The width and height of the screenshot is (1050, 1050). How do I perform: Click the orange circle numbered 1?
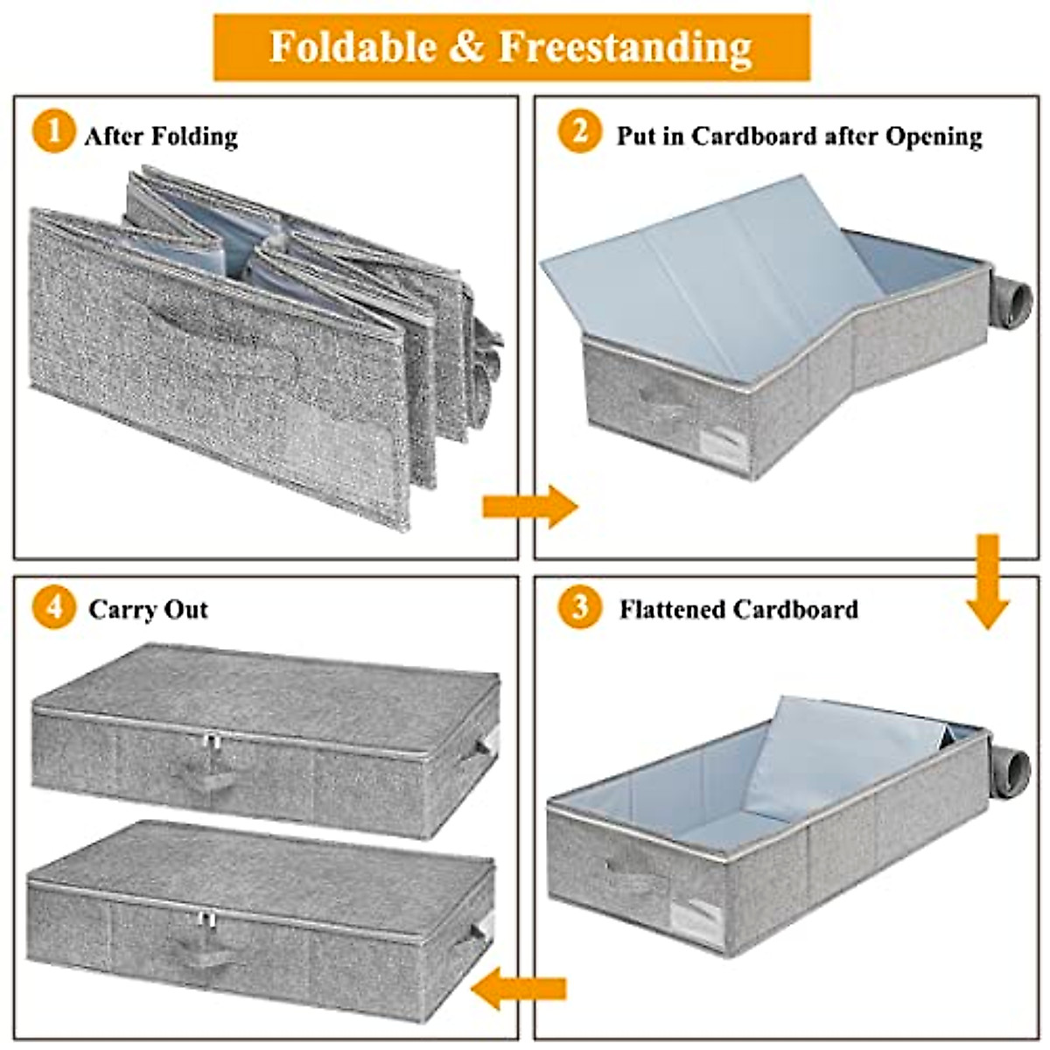click(53, 134)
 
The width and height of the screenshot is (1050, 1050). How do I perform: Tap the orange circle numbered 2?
click(579, 133)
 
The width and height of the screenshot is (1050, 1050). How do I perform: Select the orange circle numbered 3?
click(579, 606)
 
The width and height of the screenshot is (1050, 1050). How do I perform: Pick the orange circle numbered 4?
click(53, 606)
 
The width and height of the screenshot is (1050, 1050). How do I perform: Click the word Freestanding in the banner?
click(625, 46)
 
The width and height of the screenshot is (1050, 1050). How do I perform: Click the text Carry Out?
click(148, 609)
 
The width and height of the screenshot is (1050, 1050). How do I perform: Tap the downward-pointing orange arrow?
click(988, 581)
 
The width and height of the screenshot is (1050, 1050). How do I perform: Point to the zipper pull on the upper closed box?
click(210, 745)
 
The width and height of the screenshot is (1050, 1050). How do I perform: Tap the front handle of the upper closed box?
click(203, 773)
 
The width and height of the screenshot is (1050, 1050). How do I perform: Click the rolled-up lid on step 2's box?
click(1013, 303)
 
